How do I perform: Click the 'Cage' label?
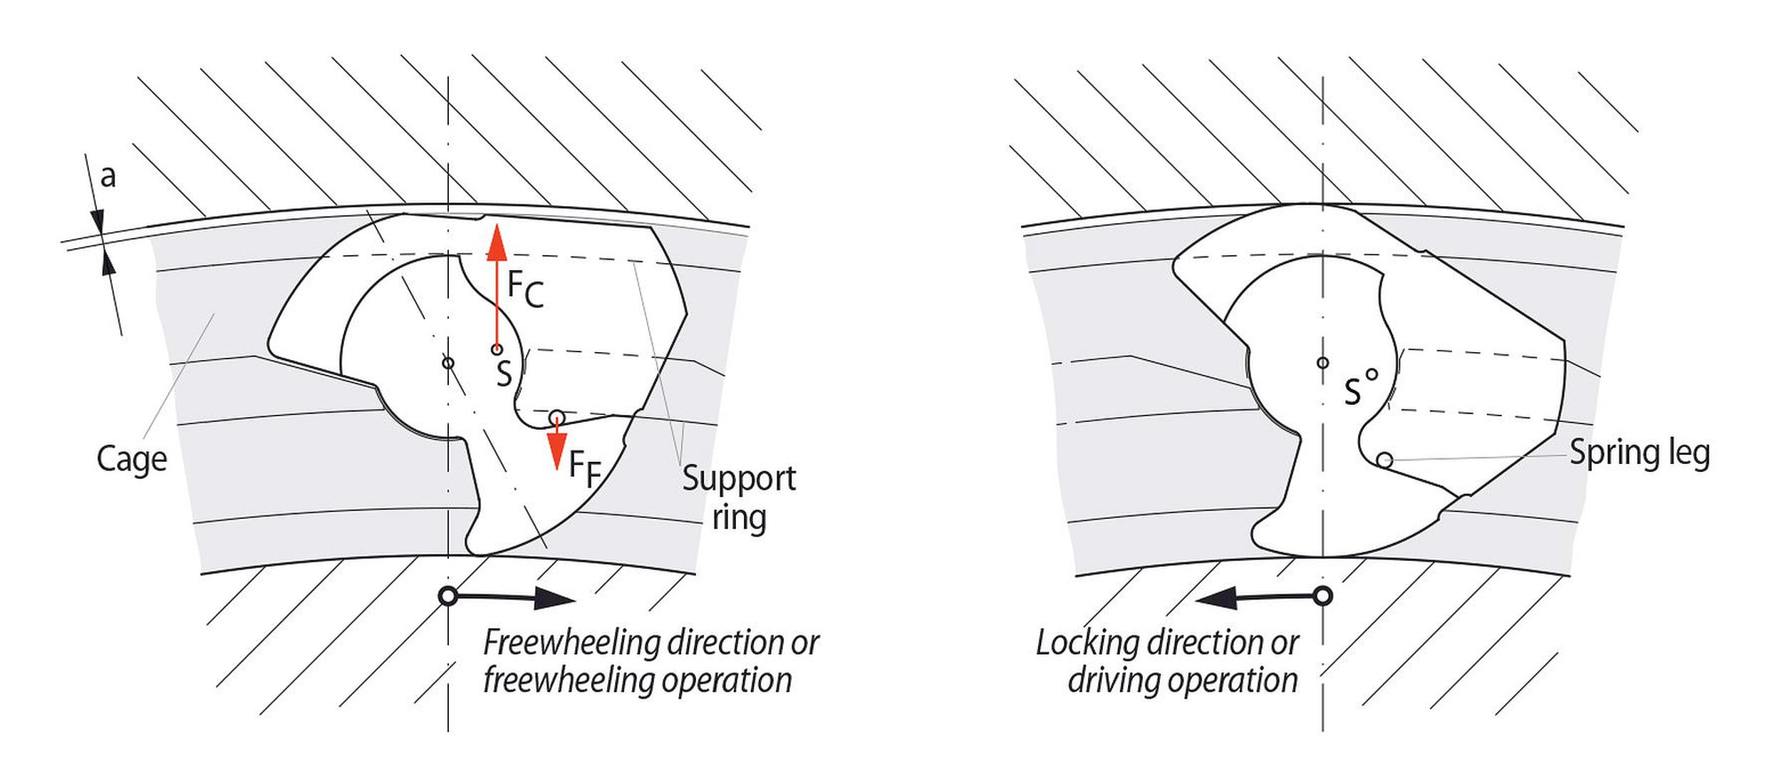click(x=132, y=458)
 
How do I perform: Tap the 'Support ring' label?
click(x=739, y=498)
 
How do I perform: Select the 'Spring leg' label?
click(x=1639, y=453)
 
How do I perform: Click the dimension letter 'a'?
click(x=108, y=176)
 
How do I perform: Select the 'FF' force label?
click(x=585, y=470)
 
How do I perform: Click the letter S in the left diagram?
click(x=504, y=374)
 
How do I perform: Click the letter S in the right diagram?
click(x=1352, y=392)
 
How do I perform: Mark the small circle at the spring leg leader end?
click(x=1384, y=460)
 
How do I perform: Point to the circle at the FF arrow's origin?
click(x=556, y=417)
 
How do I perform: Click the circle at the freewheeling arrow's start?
click(x=447, y=596)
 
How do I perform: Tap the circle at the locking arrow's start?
click(x=1323, y=596)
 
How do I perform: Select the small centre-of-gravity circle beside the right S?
click(x=1372, y=374)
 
